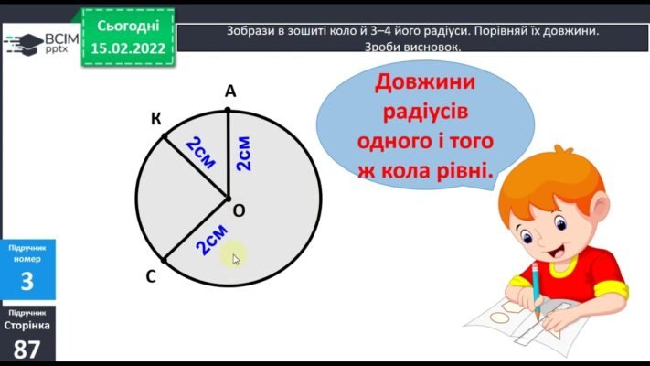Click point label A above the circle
pos(229,91)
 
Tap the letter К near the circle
pos(156,119)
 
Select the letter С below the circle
pos(150,275)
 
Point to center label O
pos(239,210)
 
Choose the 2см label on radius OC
pos(211,240)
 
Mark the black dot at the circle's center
pos(228,198)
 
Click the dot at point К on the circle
pos(165,136)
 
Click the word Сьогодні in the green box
pos(128,26)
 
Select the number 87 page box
pos(27,349)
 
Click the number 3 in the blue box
pos(27,281)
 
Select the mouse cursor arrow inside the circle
pos(236,259)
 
